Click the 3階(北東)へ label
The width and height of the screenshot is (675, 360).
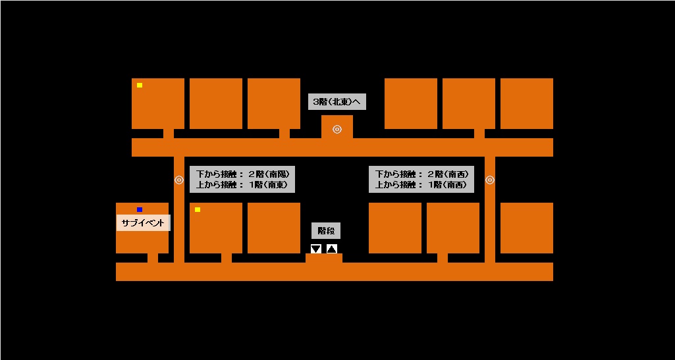tap(337, 102)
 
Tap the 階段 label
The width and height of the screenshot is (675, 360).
tap(326, 231)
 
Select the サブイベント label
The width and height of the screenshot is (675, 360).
tap(144, 223)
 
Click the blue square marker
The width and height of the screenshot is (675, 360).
tap(140, 210)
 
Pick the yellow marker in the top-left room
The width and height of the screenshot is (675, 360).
tap(140, 85)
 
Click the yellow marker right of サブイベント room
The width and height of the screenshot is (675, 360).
tap(198, 210)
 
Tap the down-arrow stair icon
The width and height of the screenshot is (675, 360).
tap(316, 249)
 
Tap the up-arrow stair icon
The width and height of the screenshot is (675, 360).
tap(332, 249)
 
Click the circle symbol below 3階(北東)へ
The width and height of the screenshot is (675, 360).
tap(337, 129)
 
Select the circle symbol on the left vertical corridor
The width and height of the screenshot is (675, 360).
tap(178, 180)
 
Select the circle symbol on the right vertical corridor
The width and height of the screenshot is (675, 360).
tap(489, 180)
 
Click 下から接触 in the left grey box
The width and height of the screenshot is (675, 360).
tap(215, 174)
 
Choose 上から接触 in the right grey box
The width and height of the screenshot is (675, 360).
tap(394, 185)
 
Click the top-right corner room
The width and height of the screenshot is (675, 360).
tap(526, 103)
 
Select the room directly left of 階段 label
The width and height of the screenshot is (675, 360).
tap(273, 228)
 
